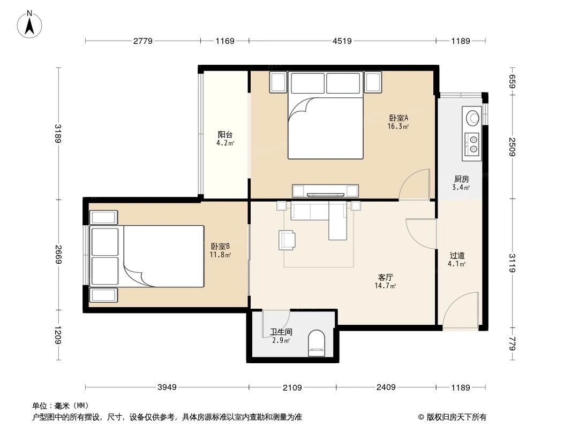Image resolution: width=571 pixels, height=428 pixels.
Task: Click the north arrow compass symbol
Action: click(x=31, y=24)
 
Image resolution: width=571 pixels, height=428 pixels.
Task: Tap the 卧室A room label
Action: click(x=399, y=118)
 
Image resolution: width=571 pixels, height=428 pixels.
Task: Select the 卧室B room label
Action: click(x=220, y=246)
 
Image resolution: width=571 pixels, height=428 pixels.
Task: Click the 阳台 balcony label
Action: click(x=225, y=135)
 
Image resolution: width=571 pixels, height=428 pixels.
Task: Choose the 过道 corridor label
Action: click(x=457, y=255)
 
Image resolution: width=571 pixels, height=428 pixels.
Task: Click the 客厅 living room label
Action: click(x=386, y=278)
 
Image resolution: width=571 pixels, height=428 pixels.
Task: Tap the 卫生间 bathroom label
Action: click(x=281, y=332)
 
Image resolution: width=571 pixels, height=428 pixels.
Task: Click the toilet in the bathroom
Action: click(x=317, y=343)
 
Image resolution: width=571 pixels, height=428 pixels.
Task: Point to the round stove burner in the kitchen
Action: click(x=472, y=117)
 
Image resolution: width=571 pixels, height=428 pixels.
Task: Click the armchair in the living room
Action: click(x=287, y=240)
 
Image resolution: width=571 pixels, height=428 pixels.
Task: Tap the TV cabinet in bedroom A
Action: click(x=325, y=190)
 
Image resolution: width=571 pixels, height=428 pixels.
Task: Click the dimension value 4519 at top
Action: click(x=342, y=41)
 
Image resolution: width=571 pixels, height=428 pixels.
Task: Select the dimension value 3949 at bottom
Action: click(x=167, y=387)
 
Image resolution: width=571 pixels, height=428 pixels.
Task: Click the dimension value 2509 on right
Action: click(x=512, y=146)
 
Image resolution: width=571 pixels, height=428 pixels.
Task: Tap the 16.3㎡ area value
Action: click(x=399, y=127)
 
